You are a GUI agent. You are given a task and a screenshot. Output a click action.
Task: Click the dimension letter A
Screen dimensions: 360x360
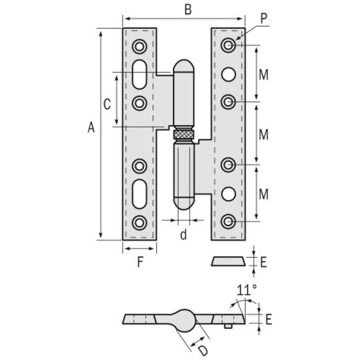coord(91,128)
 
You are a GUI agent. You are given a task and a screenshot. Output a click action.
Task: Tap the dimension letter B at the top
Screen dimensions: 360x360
coord(188,9)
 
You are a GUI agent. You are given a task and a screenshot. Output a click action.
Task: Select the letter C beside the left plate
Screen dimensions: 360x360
coord(107,104)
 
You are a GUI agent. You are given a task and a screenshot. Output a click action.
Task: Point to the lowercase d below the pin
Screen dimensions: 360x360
coord(183,234)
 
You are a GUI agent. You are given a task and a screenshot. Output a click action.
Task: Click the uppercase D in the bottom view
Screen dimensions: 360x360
coord(203,350)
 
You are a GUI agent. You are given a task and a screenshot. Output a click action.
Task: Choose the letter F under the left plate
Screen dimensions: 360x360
coord(140,262)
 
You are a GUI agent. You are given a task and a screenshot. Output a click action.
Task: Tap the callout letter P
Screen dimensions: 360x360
coord(264,18)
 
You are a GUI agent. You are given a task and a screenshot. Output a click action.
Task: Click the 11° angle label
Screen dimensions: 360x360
coord(247,290)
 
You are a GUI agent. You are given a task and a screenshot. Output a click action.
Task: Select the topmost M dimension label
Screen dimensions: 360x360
coord(264,75)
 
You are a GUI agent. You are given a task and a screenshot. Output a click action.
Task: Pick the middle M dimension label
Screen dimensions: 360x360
coord(264,134)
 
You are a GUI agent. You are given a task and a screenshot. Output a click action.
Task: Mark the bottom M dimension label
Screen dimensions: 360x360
coord(264,194)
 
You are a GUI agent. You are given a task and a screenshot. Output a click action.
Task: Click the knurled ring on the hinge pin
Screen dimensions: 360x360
coord(184,134)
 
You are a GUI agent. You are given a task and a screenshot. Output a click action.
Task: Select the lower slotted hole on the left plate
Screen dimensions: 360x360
coord(139,194)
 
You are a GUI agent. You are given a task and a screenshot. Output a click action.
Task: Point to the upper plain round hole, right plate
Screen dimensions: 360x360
coord(229,74)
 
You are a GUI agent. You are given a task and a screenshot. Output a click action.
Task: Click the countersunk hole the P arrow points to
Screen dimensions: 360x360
coord(229,45)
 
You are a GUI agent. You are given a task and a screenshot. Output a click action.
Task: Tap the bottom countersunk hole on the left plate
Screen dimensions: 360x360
coord(139,222)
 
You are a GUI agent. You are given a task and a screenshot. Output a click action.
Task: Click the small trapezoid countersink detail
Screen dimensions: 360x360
coord(229,261)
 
